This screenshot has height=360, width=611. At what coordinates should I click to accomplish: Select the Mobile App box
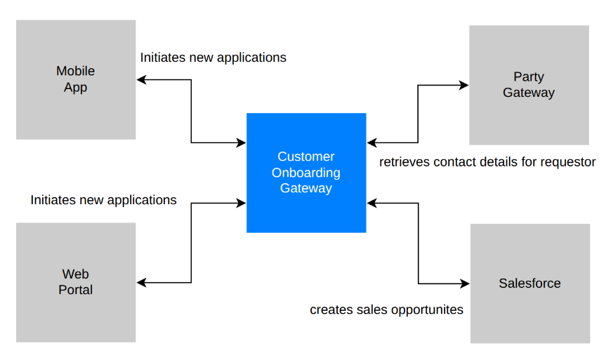click(x=75, y=79)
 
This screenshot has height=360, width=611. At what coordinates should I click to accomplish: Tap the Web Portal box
click(x=75, y=282)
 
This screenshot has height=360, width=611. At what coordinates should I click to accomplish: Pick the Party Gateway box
click(x=528, y=85)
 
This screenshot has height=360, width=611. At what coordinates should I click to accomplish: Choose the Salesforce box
click(x=530, y=284)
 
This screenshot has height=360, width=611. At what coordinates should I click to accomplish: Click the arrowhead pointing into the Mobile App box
click(x=141, y=80)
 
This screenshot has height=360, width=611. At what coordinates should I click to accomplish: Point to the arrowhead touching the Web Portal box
click(x=141, y=283)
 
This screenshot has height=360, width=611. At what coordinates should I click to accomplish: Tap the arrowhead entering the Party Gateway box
click(x=464, y=86)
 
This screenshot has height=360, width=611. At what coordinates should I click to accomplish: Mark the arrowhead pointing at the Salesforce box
click(x=465, y=284)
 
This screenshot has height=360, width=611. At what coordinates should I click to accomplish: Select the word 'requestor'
click(x=567, y=162)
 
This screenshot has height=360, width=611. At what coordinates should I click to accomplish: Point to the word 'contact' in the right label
click(x=453, y=162)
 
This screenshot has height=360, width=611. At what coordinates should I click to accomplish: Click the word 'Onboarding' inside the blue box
click(x=305, y=173)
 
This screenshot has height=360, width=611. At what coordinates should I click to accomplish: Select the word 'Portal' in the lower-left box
click(x=75, y=290)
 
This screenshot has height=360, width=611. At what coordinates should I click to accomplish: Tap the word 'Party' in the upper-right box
click(x=528, y=77)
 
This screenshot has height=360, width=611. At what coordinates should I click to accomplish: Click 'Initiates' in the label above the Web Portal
click(x=54, y=200)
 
